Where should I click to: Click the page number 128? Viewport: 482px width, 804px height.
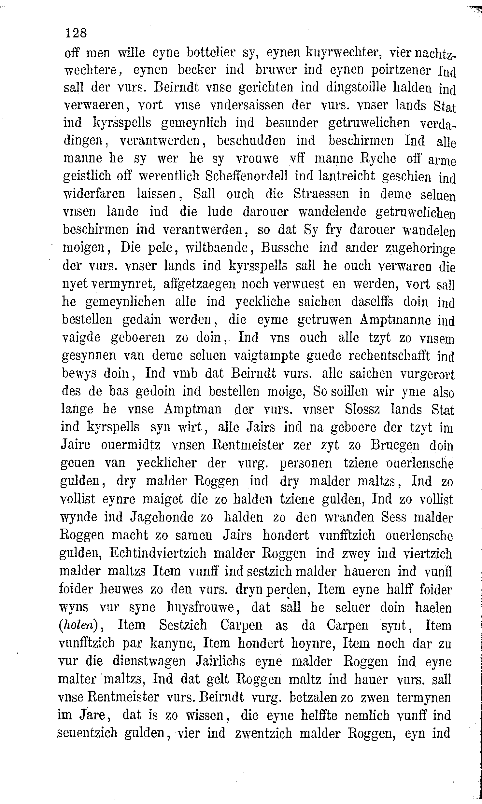[x=76, y=33]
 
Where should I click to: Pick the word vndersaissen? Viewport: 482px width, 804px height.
[x=244, y=105]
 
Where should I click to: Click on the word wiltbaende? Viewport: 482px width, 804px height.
[x=217, y=248]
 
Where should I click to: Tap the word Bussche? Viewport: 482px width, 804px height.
[x=285, y=248]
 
